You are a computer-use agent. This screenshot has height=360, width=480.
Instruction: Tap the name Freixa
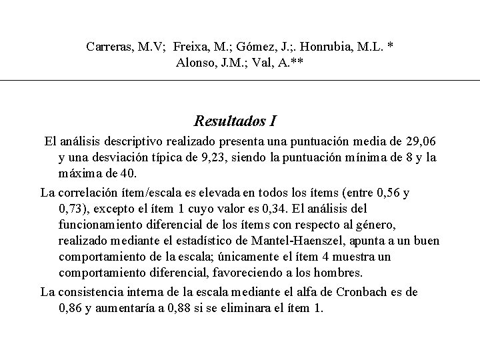[x=192, y=47]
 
